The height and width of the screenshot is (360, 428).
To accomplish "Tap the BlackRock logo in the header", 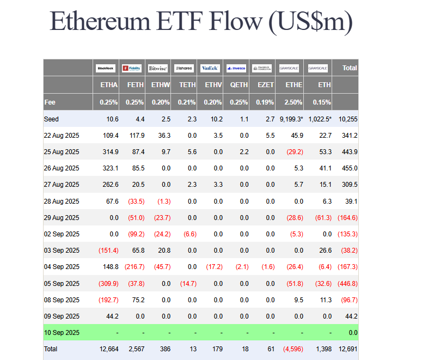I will pyautogui.click(x=105, y=68).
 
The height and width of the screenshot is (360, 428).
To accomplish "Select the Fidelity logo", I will pyautogui.click(x=132, y=68).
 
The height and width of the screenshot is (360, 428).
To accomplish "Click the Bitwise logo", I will pyautogui.click(x=158, y=68).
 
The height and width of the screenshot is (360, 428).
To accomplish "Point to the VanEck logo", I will pyautogui.click(x=210, y=68).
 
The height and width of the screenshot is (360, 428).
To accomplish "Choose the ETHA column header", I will pyautogui.click(x=109, y=85).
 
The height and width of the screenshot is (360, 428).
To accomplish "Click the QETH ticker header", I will pyautogui.click(x=239, y=85).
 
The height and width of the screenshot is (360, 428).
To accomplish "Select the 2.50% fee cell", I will pyautogui.click(x=293, y=102).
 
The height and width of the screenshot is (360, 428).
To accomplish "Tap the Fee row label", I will pyautogui.click(x=50, y=102).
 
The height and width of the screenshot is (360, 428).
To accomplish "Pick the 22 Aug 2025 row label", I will pyautogui.click(x=62, y=135).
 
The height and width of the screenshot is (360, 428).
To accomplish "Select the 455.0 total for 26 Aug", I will pyautogui.click(x=348, y=168).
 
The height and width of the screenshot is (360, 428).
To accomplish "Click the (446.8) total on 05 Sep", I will pyautogui.click(x=347, y=283).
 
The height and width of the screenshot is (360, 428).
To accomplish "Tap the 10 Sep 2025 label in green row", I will pyautogui.click(x=62, y=332).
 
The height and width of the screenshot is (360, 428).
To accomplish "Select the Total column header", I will pyautogui.click(x=349, y=68).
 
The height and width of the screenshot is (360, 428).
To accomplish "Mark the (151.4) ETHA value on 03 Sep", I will pyautogui.click(x=108, y=251).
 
